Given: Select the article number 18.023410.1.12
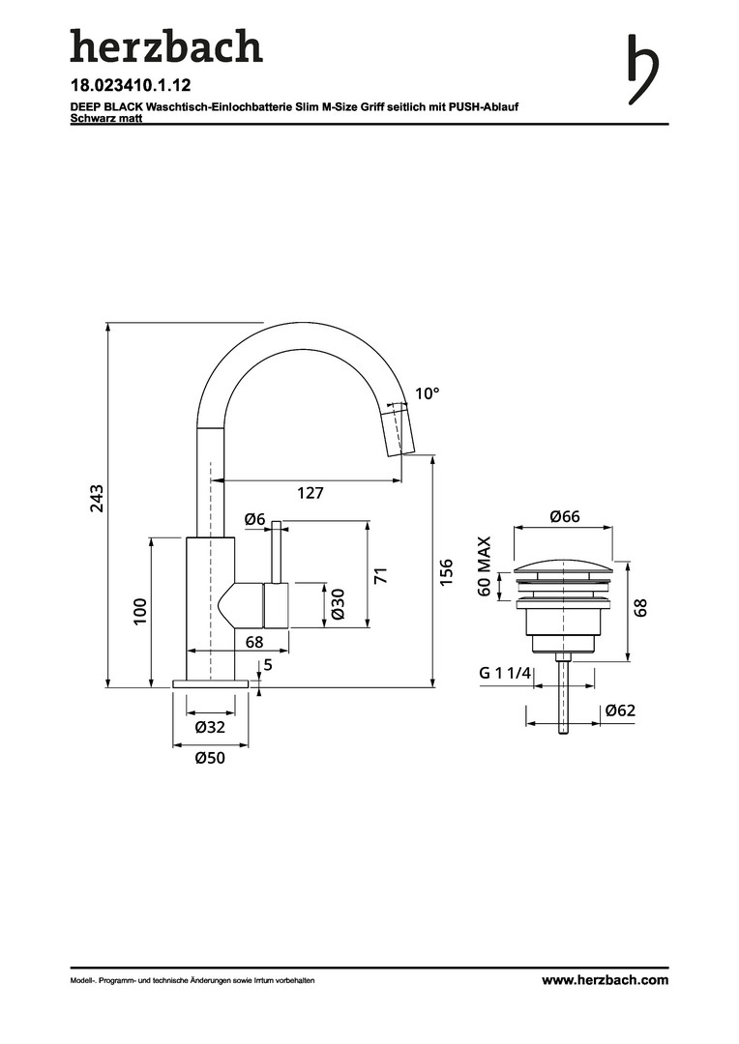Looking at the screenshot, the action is tap(131, 86).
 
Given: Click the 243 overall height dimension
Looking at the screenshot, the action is tap(98, 498).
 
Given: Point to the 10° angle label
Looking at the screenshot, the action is tap(428, 393).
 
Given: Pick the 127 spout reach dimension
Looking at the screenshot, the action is tap(310, 493).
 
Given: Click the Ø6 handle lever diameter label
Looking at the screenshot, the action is tap(254, 519).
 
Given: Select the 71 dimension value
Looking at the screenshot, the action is tap(380, 575).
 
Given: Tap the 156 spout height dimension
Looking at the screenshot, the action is tap(447, 572).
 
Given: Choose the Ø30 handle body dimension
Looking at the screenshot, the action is tap(338, 604).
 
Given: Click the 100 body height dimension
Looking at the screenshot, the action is tap(140, 611).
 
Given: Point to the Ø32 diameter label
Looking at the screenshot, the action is tap(211, 727).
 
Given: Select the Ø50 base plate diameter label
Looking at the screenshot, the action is tap(211, 758).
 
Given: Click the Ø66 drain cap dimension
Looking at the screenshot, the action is tap(565, 516).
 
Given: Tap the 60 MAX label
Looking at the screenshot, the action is tap(485, 566).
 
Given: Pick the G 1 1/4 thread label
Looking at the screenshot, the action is tap(505, 673).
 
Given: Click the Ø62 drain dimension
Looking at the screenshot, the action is tap(620, 710).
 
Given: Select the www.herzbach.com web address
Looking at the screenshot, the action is tap(606, 980).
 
